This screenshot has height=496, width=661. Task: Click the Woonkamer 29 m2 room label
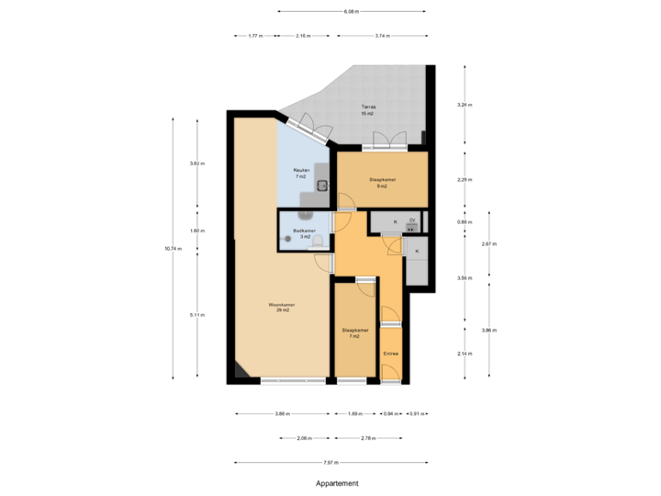pyautogui.click(x=279, y=307)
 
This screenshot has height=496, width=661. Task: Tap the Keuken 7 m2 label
pyautogui.click(x=300, y=173)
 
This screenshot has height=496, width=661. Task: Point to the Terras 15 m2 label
pyautogui.click(x=367, y=110)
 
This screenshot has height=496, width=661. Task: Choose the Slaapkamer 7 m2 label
pyautogui.click(x=354, y=333)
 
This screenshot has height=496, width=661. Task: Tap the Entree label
pyautogui.click(x=390, y=353)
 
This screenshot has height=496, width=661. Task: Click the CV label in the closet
pyautogui.click(x=412, y=221)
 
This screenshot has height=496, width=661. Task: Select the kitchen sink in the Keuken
pyautogui.click(x=322, y=184)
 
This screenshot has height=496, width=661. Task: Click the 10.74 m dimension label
pyautogui.click(x=172, y=248)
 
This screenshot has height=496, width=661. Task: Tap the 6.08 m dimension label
pyautogui.click(x=352, y=12)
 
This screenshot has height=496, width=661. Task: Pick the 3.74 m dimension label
pyautogui.click(x=381, y=36)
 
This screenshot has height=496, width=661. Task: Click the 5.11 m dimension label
pyautogui.click(x=196, y=315)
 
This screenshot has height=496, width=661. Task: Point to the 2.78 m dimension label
pyautogui.click(x=368, y=437)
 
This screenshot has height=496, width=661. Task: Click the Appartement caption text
pyautogui.click(x=337, y=482)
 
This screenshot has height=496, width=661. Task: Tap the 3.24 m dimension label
pyautogui.click(x=464, y=105)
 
